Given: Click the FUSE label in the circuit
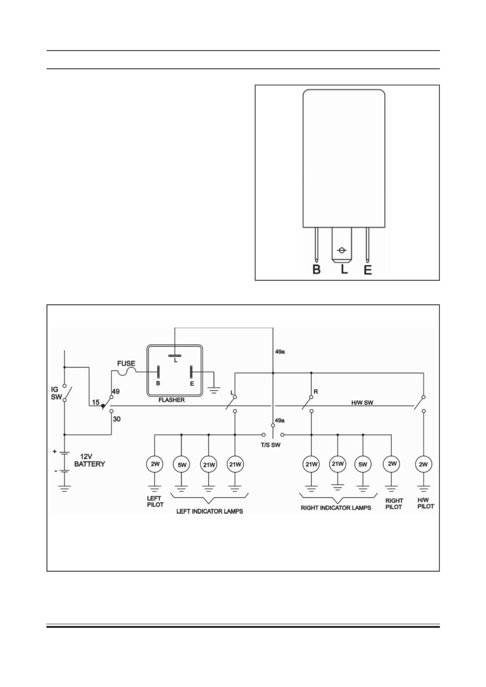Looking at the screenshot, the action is pos(126,364).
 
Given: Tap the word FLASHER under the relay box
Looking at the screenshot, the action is pos(171,400).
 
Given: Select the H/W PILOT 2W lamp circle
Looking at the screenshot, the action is pos(423,464).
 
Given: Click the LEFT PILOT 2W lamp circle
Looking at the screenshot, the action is pos(155,464).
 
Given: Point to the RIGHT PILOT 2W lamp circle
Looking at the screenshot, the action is pos(392,464).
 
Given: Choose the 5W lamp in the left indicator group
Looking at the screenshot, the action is pos(182,465).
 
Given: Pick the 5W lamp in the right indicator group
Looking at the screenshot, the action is pos(363,464).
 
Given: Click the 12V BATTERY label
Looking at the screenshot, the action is pos(89,460).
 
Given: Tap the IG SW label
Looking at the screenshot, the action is pos(56,393).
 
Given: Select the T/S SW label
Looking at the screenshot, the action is pos(270,445).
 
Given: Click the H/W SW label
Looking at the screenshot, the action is pos(362,403).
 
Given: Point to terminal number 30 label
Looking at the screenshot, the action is pos(117,419).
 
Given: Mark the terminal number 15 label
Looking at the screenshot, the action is pos(96,402).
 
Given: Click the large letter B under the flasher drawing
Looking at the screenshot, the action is pos(317,269).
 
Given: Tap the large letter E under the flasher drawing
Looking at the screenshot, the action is pos(367,270).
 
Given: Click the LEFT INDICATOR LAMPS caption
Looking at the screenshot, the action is pos(210,511).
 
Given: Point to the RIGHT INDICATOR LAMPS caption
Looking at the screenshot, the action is pos(336,508).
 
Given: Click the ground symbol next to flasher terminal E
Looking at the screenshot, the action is pos(214,391).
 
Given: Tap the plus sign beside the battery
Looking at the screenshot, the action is pos(55,451).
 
